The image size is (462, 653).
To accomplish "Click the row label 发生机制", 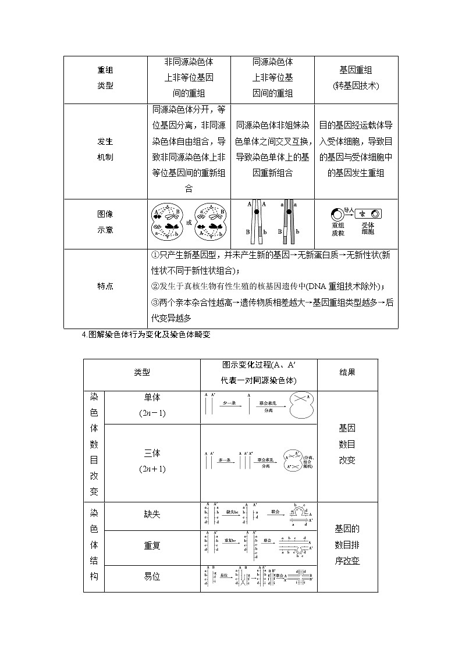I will (105, 149).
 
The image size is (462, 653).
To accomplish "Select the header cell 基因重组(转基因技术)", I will (356, 78).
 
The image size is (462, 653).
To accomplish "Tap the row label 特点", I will (105, 286).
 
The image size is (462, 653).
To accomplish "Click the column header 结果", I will (347, 372).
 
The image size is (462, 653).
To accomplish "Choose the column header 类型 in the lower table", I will (142, 372).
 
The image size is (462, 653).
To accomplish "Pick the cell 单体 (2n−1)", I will (152, 405).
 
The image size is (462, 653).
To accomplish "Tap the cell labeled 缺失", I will (152, 515).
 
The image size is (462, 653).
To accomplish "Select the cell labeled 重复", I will (152, 546).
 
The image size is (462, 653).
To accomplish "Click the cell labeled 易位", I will (152, 577).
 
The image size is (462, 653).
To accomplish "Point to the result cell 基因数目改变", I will (347, 444).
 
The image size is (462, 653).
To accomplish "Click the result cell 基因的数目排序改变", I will (347, 545).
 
